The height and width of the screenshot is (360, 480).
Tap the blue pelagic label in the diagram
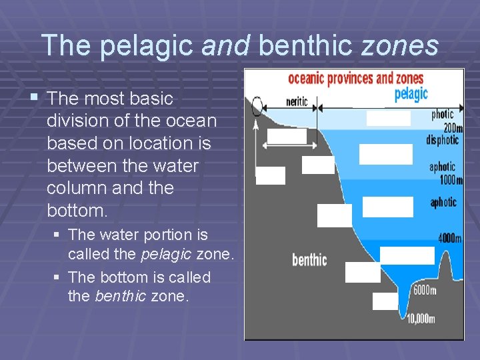point(411,95)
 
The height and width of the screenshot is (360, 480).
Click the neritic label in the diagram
point(297,102)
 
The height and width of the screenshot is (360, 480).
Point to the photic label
point(442,115)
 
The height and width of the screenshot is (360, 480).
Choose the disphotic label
point(442,140)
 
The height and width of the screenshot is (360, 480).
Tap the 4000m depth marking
point(450,237)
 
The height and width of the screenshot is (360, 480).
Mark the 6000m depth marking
point(425,290)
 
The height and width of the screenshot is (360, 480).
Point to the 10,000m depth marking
point(421,319)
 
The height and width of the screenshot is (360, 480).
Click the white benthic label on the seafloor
point(309,259)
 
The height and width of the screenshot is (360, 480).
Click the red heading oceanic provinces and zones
point(355,79)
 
